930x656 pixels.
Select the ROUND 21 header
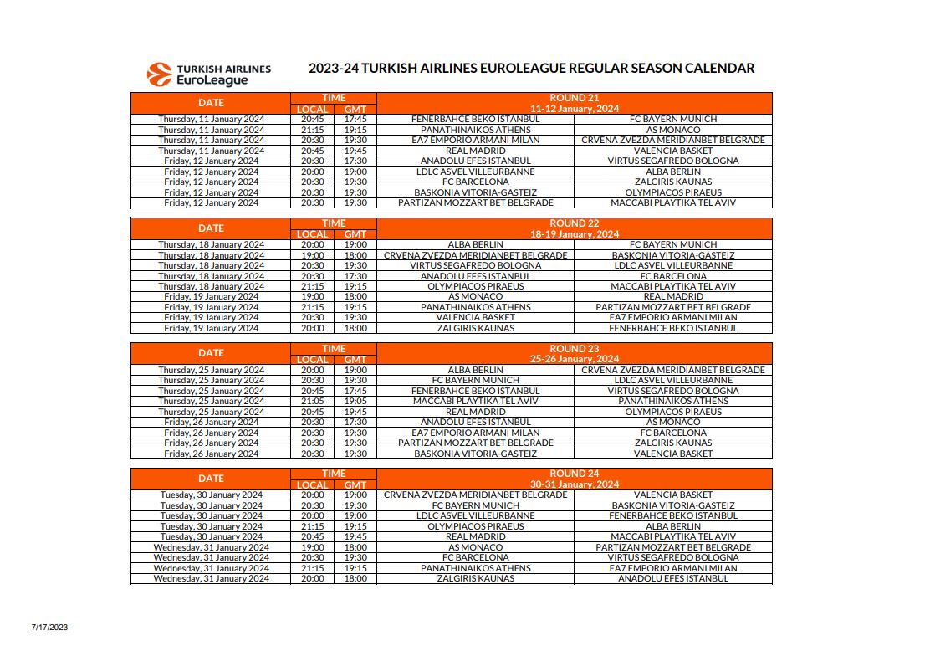pos(574,98)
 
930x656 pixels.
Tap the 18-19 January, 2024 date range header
pos(574,234)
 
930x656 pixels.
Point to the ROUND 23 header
pos(574,349)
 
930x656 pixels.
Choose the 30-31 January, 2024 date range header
pos(574,484)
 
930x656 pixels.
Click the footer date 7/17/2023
pos(49,627)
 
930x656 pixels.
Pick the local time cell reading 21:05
pos(312,402)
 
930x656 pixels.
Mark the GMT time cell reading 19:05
pos(355,402)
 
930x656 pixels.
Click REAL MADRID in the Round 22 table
pos(672,297)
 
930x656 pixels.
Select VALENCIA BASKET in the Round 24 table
pos(672,495)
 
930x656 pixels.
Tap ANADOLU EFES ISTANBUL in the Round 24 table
pos(672,578)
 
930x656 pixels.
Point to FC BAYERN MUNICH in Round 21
pos(672,120)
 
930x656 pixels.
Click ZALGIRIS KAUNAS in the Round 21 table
pos(672,182)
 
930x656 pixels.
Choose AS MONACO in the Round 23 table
pos(672,423)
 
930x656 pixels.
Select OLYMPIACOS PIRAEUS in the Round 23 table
pos(672,412)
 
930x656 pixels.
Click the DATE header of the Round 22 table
pos(211,228)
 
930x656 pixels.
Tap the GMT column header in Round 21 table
pos(355,109)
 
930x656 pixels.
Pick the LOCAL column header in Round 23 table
pos(312,360)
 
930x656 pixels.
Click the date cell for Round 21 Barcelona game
pos(211,182)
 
